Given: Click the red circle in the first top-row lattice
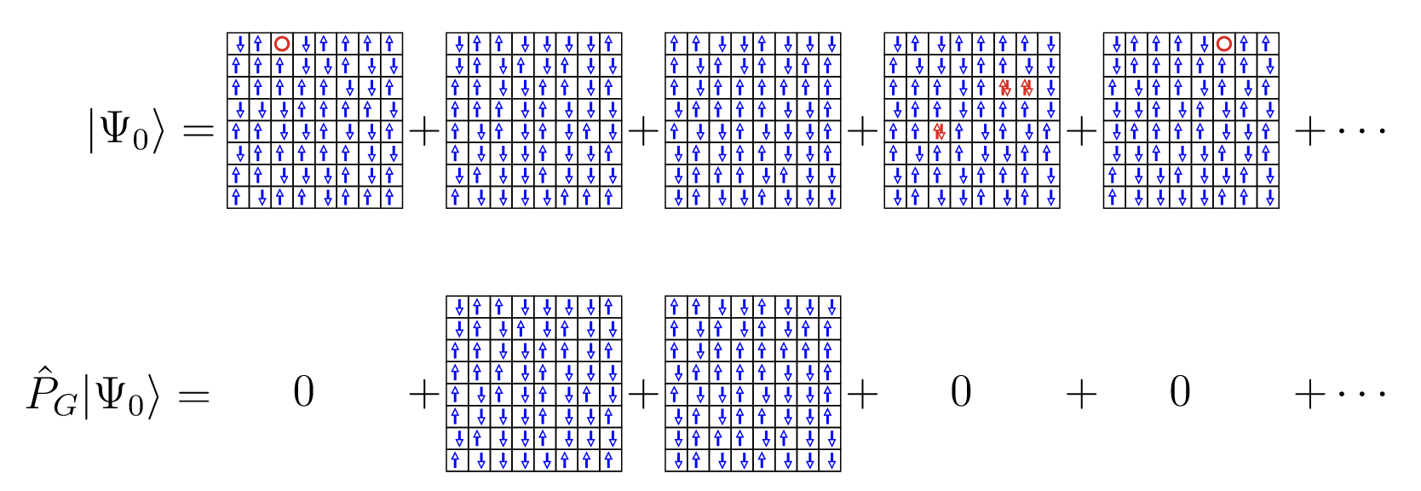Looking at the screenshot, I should click(x=282, y=43).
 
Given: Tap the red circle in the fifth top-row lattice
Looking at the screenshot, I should click(x=1224, y=43).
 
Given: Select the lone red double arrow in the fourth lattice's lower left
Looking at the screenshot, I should click(x=939, y=131).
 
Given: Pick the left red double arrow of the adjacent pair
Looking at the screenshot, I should click(x=1005, y=87).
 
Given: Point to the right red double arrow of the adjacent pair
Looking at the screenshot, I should click(x=1027, y=87).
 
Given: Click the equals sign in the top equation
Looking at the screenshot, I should click(x=197, y=132).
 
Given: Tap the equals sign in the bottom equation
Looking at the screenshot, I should click(x=193, y=396).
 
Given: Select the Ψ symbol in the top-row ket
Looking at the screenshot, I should click(x=115, y=130).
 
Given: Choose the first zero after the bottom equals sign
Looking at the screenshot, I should click(x=304, y=393).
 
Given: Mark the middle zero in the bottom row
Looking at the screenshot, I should click(x=961, y=393).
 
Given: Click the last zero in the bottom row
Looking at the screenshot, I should click(x=1180, y=393).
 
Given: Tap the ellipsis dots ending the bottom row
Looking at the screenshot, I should click(x=1363, y=395).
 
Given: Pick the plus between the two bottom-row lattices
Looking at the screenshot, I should click(x=643, y=395).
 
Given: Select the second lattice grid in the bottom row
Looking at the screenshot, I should click(x=753, y=384).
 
